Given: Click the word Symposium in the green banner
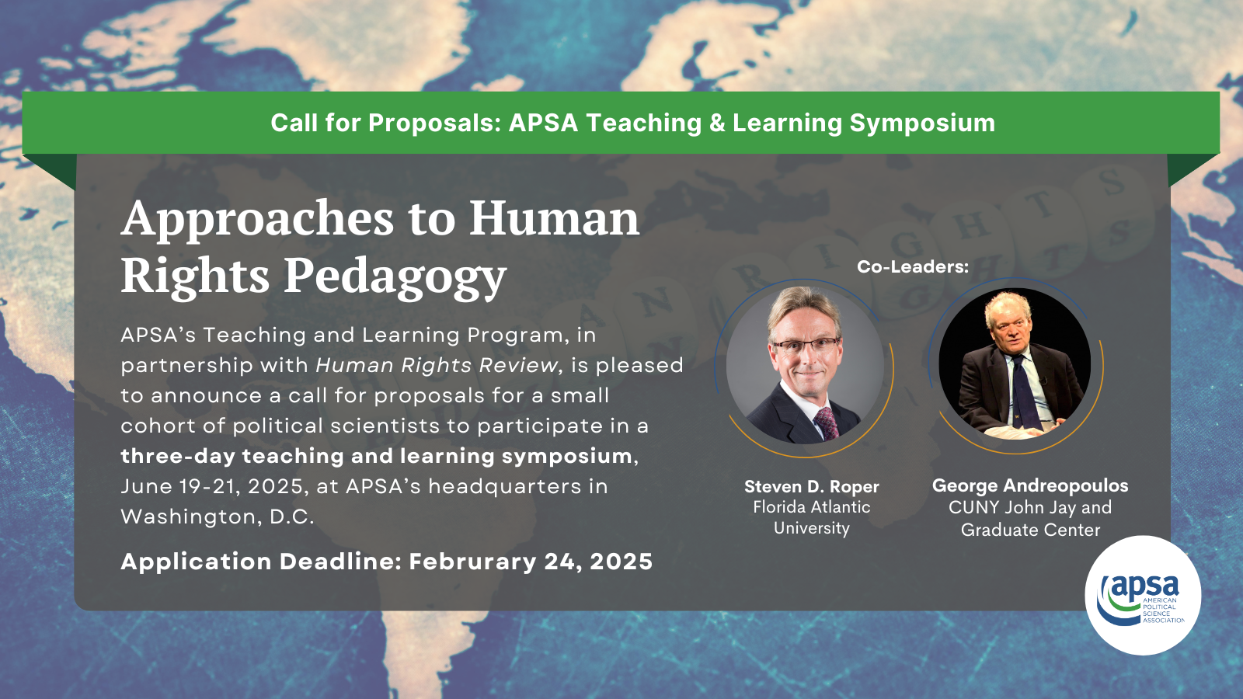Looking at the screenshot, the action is (x=922, y=123).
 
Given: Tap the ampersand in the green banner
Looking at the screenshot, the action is (x=716, y=123).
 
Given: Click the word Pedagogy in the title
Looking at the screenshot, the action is (x=395, y=277).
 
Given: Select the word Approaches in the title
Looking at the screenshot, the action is (x=258, y=219).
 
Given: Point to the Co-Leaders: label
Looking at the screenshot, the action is (x=913, y=267).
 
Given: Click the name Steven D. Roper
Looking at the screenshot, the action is (x=811, y=486).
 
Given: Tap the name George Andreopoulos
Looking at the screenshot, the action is (x=1030, y=486).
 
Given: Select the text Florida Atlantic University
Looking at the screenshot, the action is (x=811, y=517).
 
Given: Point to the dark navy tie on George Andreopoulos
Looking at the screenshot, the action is (x=1025, y=393).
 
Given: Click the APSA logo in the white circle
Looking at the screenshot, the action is (x=1143, y=595).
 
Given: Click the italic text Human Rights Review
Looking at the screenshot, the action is (x=437, y=366).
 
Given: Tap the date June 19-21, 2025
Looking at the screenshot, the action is (x=212, y=486).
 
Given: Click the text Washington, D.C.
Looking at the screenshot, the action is (x=218, y=517).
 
